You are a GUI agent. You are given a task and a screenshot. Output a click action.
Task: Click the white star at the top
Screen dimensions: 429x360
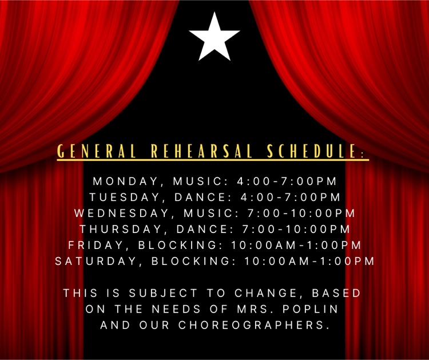click(214, 37)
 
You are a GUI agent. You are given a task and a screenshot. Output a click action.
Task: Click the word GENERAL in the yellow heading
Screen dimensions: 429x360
click(97, 151)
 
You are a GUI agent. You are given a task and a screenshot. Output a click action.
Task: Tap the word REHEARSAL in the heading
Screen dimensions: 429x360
click(202, 151)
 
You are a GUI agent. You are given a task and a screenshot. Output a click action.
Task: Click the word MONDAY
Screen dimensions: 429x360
click(126, 181)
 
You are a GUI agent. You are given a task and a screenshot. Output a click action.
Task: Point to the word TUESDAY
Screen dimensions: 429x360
click(125, 197)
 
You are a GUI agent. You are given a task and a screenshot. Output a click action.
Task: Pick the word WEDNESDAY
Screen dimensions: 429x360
click(122, 213)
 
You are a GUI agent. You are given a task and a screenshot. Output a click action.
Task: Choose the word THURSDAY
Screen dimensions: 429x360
click(120, 229)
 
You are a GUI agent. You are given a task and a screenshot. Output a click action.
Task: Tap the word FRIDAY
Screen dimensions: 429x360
click(96, 245)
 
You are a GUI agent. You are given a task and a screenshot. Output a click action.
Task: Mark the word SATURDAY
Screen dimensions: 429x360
click(96, 261)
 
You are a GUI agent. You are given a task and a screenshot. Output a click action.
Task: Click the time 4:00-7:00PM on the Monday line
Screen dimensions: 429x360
click(287, 181)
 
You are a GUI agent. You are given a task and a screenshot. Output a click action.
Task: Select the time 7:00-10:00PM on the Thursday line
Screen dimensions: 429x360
click(296, 229)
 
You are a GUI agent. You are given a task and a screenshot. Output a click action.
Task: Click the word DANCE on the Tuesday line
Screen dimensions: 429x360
click(203, 197)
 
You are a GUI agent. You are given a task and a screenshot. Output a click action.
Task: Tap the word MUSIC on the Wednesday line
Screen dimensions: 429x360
click(212, 213)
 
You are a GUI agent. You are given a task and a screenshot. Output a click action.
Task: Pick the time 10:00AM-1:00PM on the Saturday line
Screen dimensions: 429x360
click(309, 261)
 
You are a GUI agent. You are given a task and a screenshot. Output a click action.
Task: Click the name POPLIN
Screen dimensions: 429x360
click(311, 309)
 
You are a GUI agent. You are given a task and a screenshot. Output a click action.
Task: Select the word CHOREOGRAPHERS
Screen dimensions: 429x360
click(253, 325)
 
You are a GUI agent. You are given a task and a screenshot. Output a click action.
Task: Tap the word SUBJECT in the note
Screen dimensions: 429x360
click(163, 293)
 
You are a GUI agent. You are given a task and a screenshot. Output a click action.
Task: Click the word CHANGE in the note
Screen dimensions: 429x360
click(266, 293)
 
